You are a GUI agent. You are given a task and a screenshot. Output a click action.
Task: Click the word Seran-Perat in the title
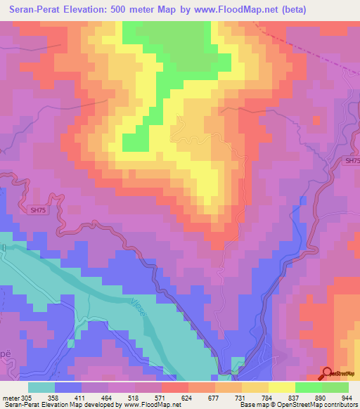(x=37, y=10)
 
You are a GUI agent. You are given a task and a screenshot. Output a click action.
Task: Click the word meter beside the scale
(x=10, y=397)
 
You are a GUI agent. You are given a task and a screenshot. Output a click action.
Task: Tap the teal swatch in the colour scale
(x=41, y=387)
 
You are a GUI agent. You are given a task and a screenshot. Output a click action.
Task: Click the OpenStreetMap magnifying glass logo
(x=328, y=374)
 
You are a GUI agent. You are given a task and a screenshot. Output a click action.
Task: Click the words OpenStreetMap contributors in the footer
(x=318, y=405)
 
